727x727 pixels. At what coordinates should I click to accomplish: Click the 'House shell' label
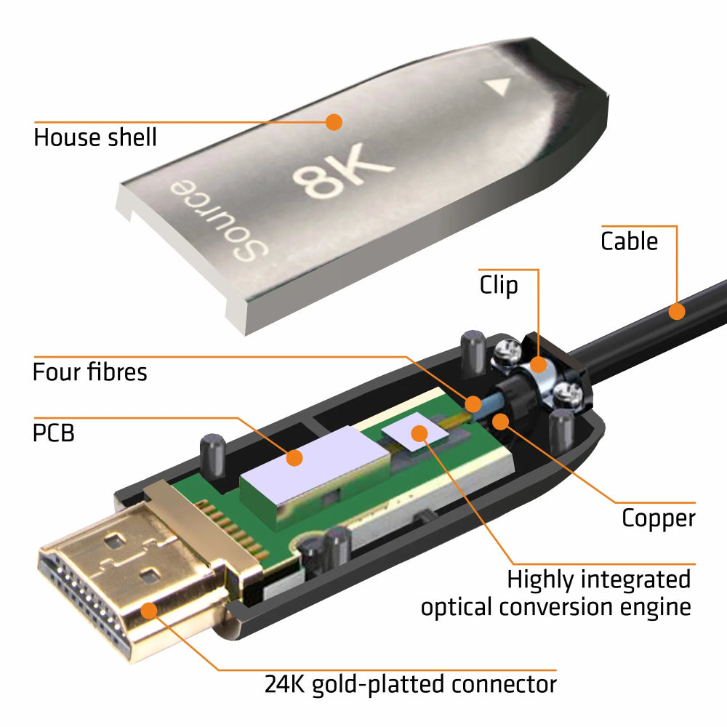[95, 137]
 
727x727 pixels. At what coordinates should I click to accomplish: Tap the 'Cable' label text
[629, 241]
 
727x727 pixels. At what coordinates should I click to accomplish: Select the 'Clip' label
[499, 285]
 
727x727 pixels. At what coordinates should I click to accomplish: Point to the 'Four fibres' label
[90, 371]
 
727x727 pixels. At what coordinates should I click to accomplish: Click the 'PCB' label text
[54, 433]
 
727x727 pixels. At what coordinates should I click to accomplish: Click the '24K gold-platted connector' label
[410, 685]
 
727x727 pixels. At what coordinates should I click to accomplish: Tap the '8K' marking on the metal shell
[342, 170]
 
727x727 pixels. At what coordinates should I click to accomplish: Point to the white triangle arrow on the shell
[499, 86]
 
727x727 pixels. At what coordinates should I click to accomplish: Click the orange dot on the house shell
[334, 122]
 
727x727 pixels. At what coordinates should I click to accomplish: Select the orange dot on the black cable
[677, 311]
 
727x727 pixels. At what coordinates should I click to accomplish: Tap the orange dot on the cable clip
[538, 364]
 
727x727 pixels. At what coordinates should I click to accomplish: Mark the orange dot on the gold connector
[149, 611]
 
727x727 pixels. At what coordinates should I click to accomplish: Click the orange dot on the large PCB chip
[294, 458]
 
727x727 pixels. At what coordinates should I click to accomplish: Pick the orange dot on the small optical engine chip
[419, 433]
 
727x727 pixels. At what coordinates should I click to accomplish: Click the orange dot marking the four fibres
[473, 403]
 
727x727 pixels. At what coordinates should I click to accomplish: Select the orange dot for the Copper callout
[501, 421]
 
